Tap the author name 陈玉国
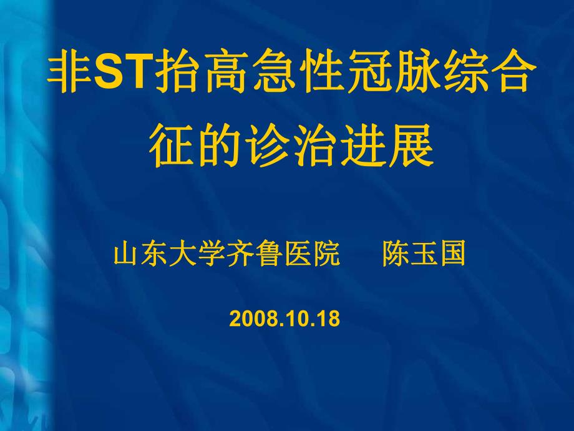[x=424, y=255]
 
